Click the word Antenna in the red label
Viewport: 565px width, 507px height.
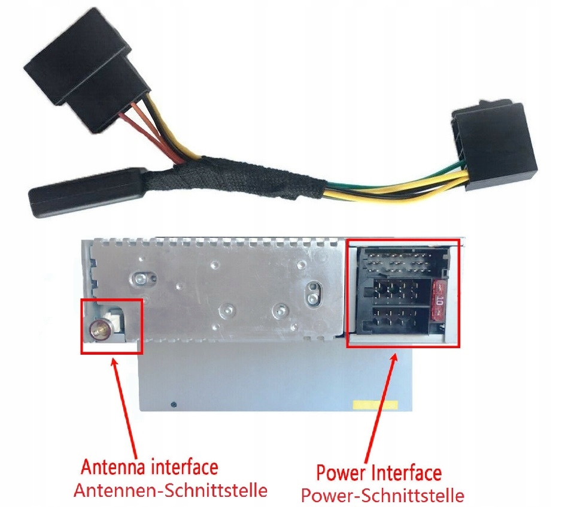click(113, 467)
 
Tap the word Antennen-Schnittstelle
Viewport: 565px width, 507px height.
click(171, 490)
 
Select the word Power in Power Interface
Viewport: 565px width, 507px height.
click(341, 472)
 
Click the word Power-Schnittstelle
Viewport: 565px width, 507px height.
click(382, 496)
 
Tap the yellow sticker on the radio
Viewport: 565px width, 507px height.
click(375, 405)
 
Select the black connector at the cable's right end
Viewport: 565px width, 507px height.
click(494, 144)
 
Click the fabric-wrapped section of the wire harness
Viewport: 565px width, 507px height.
click(234, 178)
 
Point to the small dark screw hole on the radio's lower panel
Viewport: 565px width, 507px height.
click(174, 404)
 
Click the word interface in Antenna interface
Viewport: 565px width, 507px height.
click(184, 467)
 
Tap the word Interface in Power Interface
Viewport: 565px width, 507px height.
click(406, 472)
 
